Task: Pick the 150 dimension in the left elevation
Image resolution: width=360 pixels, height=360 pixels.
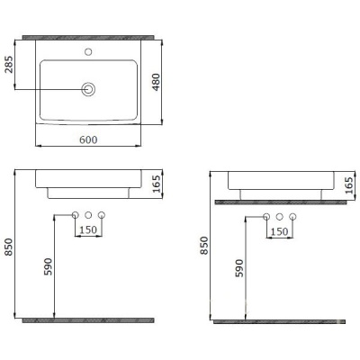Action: point(88,230)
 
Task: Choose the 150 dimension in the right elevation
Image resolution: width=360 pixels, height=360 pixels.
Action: point(280,232)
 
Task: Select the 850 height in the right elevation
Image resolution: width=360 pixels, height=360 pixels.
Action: point(205,247)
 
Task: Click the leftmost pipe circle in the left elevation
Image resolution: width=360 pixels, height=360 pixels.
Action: point(75,214)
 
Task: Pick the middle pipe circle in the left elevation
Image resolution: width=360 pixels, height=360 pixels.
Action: point(88,214)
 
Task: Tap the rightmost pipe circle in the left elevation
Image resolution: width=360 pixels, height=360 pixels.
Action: point(102,214)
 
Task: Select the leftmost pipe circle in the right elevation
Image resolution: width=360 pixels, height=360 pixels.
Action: point(266,217)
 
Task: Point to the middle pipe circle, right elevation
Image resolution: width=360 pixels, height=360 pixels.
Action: point(280,217)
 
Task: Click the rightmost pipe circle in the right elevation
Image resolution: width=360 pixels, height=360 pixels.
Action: point(293,217)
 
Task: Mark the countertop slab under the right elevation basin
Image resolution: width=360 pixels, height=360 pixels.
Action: point(280,202)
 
